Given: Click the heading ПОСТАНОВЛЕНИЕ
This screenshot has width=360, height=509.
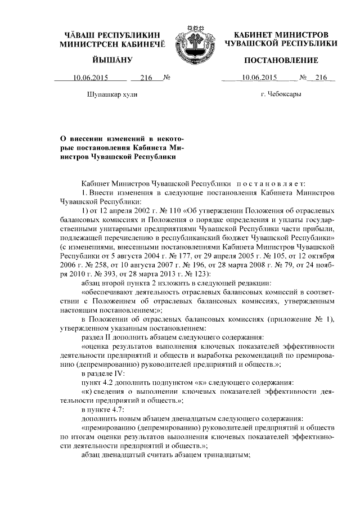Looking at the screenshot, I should click(x=280, y=60).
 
